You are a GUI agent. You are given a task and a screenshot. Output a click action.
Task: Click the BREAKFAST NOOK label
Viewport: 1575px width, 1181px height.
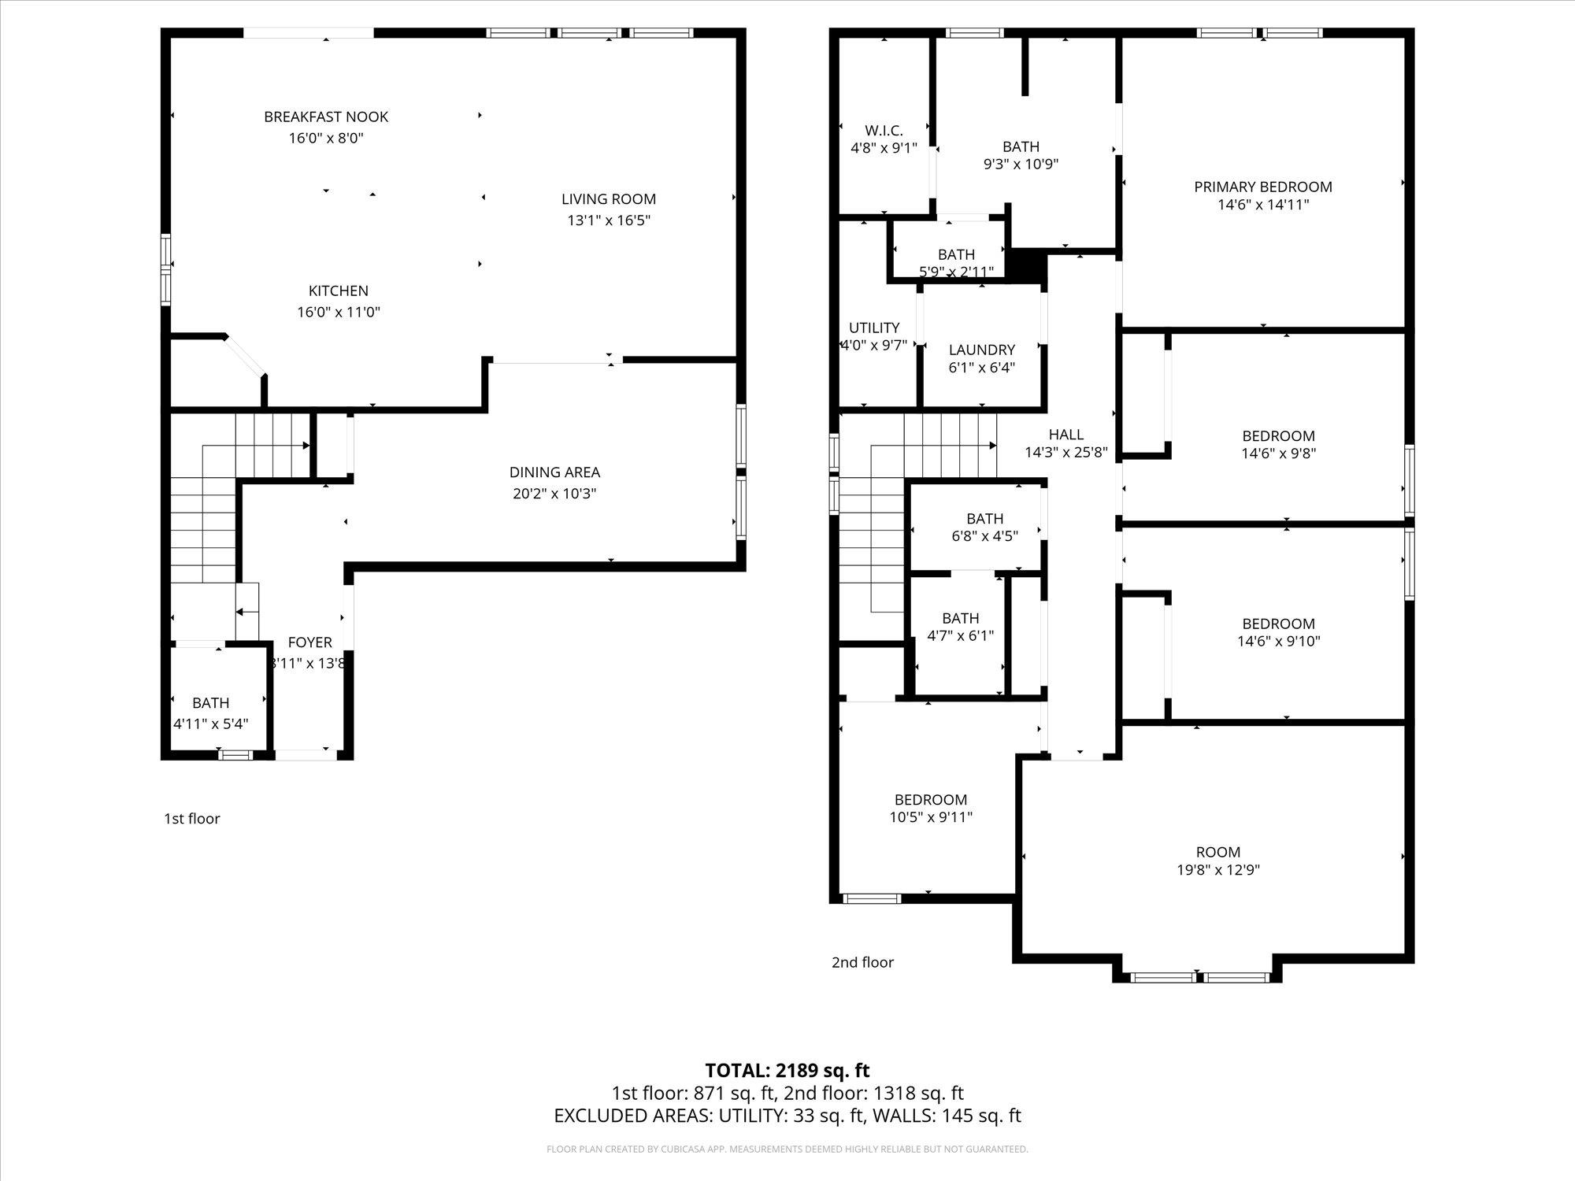pos(326,117)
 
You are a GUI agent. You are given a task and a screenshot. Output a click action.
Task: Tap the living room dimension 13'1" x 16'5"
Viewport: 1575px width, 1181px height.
pos(609,220)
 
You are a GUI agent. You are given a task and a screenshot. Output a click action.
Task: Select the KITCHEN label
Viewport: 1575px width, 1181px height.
pos(339,291)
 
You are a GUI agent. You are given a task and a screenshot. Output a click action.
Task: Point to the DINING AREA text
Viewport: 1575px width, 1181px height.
pos(554,472)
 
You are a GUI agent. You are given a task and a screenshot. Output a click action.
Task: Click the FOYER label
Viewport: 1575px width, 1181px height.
pos(309,642)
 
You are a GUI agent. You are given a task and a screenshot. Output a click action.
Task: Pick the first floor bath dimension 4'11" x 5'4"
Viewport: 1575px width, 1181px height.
pos(210,724)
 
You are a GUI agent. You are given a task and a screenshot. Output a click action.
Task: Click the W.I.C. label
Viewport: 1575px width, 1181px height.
pos(884,131)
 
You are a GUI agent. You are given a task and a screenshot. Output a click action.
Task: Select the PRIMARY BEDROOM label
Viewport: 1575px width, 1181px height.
pos(1263,187)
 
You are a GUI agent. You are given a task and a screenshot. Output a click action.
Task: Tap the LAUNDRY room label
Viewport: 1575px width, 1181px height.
pos(982,350)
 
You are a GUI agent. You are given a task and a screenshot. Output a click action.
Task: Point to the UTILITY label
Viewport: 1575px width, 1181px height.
pos(874,328)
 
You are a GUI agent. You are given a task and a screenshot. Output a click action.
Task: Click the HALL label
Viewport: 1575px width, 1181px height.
pos(1066,435)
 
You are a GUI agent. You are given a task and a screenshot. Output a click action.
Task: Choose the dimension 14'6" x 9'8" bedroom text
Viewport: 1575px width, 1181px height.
pos(1278,454)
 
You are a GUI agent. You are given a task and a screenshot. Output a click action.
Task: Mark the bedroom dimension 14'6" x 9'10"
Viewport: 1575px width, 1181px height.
pos(1278,641)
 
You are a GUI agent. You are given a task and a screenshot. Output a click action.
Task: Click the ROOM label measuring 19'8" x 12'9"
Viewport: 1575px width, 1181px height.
pos(1218,852)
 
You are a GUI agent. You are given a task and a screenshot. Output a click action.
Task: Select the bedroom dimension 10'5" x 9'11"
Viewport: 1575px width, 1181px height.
pos(931,817)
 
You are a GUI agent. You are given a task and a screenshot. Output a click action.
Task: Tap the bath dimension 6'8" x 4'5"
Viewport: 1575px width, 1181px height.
pos(984,536)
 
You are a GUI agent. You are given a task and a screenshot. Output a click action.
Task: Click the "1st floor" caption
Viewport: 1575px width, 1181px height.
pos(191,819)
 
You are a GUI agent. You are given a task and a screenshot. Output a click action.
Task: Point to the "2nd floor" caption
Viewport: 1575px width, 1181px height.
pos(862,962)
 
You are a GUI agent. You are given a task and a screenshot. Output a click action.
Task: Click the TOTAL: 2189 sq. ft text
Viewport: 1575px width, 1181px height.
pos(787,1071)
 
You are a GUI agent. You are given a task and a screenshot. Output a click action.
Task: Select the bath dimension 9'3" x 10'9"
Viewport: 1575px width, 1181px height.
pos(1021,165)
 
